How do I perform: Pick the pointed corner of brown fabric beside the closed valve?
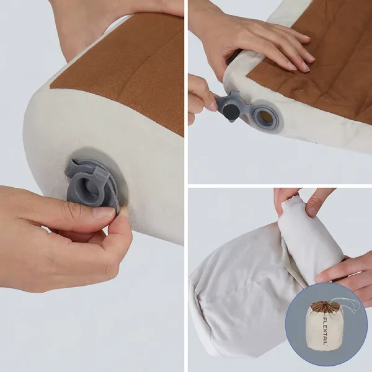(x=50, y=86)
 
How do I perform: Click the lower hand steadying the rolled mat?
(x=344, y=273)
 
